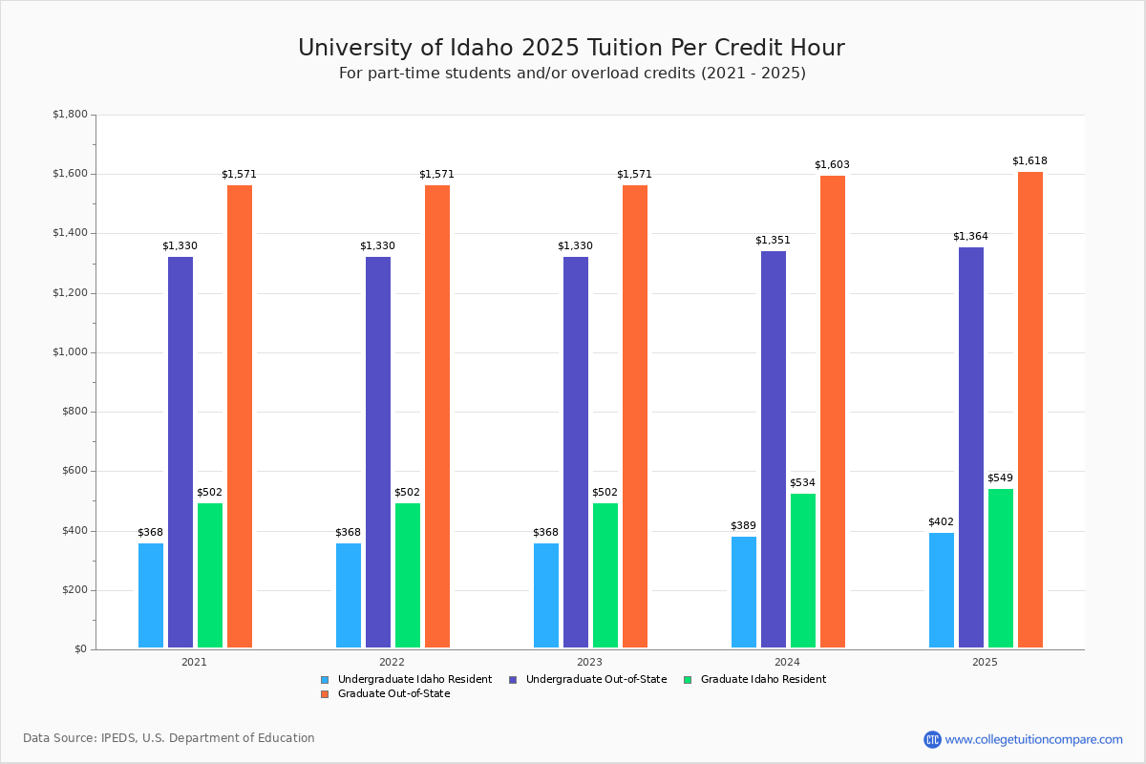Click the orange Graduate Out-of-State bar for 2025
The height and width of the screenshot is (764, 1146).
(1029, 410)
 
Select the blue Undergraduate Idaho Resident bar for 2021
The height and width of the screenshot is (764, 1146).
(151, 596)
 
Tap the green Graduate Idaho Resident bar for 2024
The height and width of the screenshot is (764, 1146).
(803, 570)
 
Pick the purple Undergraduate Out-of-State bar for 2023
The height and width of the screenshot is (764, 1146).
(576, 453)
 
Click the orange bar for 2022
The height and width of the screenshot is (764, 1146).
(437, 416)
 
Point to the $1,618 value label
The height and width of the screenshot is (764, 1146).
(1029, 161)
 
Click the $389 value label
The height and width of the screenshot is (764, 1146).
(743, 525)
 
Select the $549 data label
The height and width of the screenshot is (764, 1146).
(1000, 477)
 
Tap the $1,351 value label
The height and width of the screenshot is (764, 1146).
(773, 240)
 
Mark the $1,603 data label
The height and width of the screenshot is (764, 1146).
(833, 165)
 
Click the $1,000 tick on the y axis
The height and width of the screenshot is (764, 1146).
(70, 352)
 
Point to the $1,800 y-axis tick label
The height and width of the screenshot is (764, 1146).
(70, 114)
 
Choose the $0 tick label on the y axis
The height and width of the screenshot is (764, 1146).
(81, 649)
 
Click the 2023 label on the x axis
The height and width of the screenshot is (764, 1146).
(589, 662)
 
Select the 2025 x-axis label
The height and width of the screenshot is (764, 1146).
(985, 662)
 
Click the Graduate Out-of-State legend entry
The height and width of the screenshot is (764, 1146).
(385, 694)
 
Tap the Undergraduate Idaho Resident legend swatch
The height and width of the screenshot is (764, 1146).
(325, 680)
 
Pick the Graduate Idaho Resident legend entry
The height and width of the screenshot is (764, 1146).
(755, 680)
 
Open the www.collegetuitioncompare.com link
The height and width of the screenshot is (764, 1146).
(1034, 739)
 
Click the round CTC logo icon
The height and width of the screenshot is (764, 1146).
(933, 739)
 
